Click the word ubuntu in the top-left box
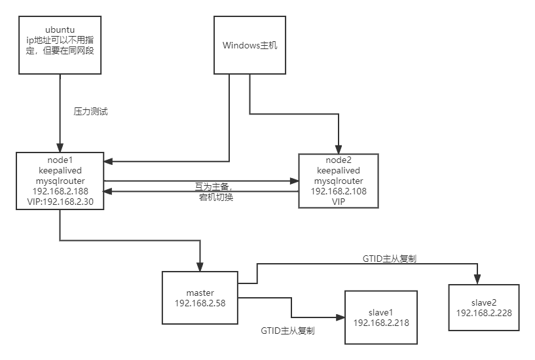60,29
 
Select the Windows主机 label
249,45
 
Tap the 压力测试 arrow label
91,111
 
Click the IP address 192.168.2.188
60,191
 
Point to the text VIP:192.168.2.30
60,202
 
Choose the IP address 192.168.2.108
339,191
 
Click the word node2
339,160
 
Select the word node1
60,160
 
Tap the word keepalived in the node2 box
339,170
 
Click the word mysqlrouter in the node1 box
60,181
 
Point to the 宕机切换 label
216,198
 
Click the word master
200,293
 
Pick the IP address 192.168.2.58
200,303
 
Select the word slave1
380,312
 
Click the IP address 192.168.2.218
380,323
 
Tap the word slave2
484,302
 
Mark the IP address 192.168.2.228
484,313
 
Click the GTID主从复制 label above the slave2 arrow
390,259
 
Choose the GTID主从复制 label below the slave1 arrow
287,331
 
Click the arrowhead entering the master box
200,267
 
